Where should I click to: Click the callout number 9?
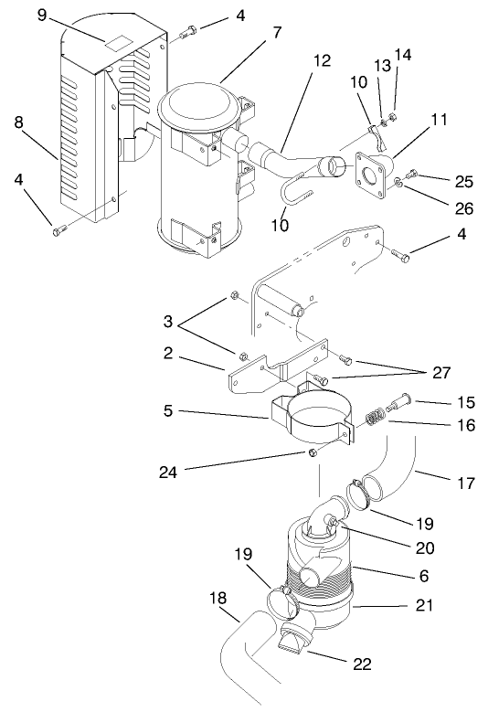[x=40, y=15]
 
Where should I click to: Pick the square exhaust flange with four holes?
[x=372, y=171]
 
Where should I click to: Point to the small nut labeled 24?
[x=313, y=452]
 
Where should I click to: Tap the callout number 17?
[x=466, y=483]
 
